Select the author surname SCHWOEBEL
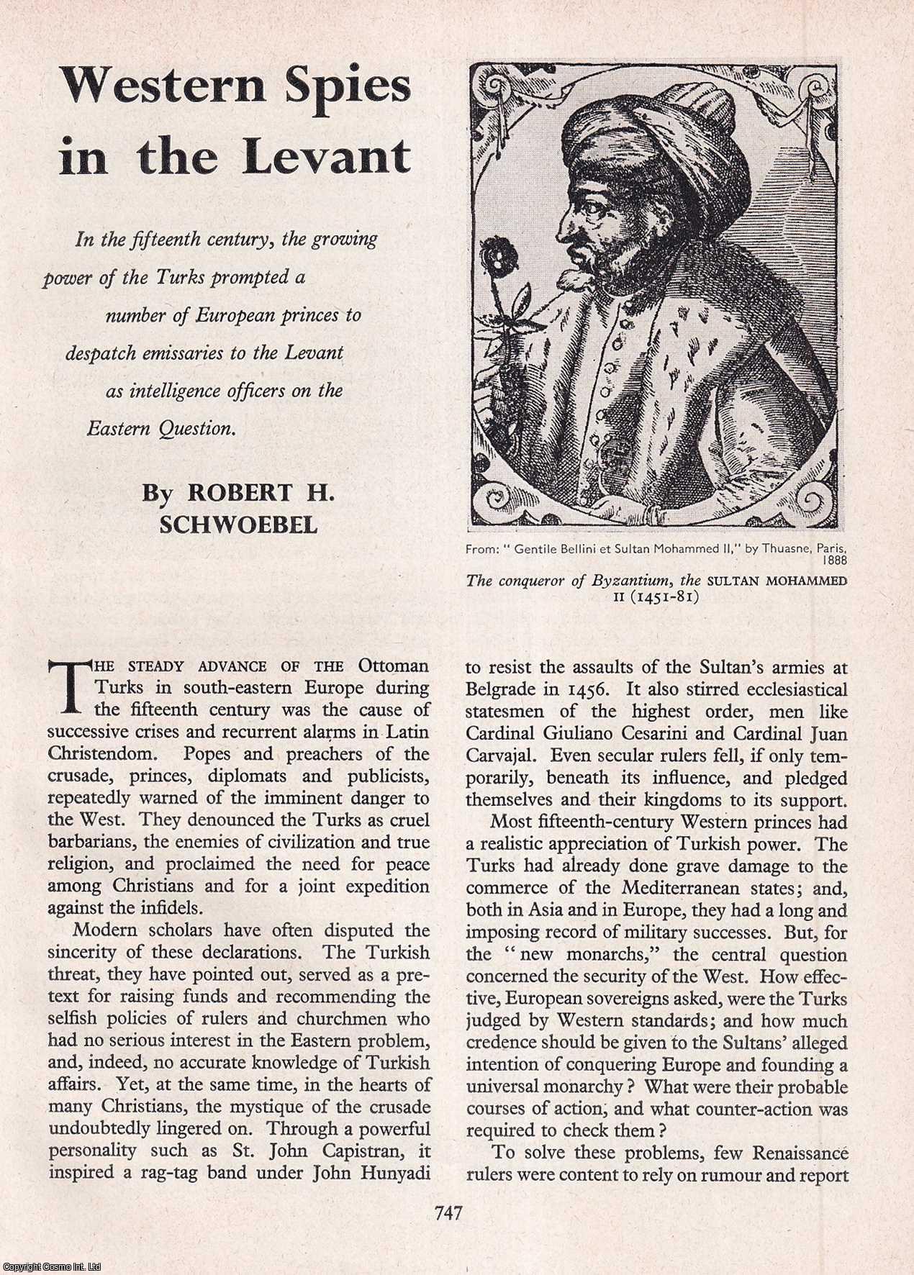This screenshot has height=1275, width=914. pos(238,524)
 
